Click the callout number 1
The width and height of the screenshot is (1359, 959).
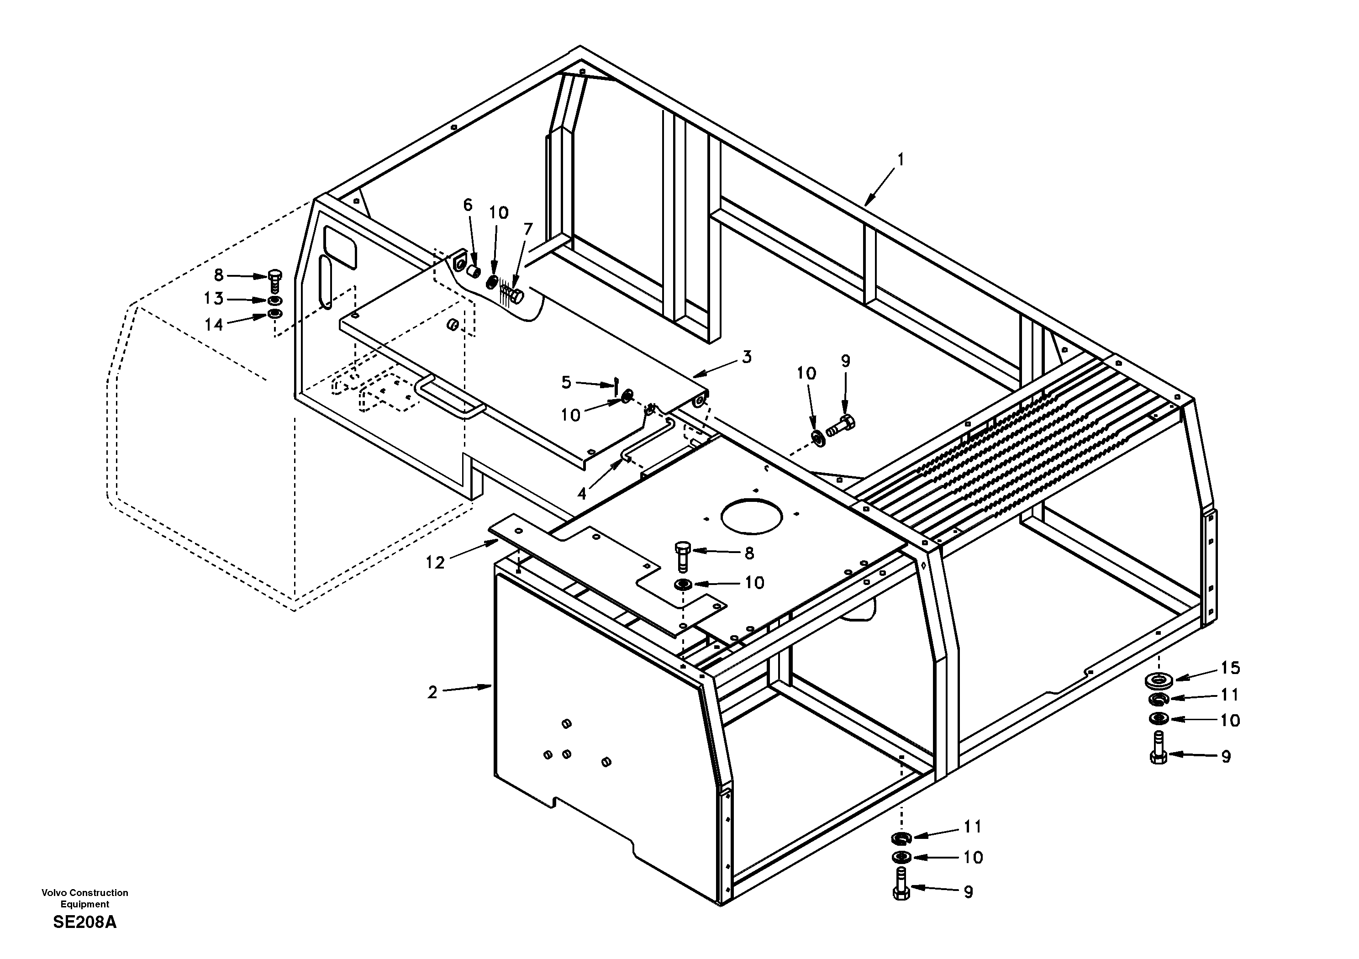click(900, 159)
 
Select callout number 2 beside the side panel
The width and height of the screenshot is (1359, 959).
click(432, 692)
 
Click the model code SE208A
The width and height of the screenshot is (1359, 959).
click(84, 922)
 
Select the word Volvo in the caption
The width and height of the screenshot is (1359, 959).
click(54, 892)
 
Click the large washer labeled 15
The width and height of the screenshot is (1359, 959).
click(1159, 681)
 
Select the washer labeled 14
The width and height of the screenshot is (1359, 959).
click(274, 313)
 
